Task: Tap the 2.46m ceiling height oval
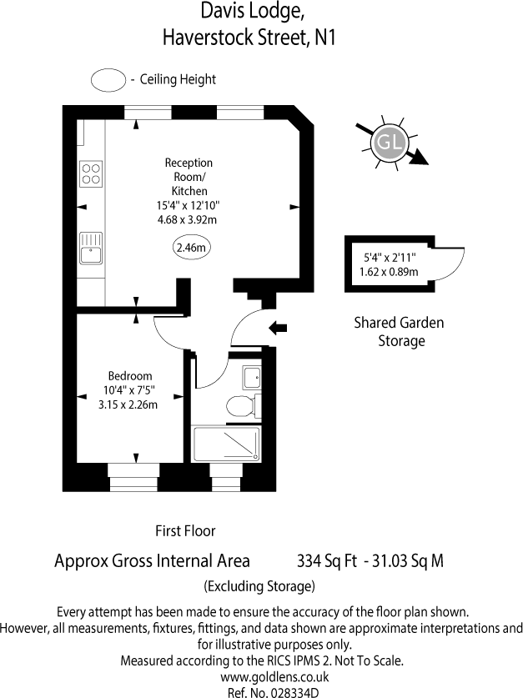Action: [x=191, y=248]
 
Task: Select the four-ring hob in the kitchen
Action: [x=90, y=173]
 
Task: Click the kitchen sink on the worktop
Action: [x=90, y=248]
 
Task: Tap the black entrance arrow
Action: [x=277, y=330]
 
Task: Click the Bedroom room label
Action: [x=130, y=375]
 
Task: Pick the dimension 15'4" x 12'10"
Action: [x=189, y=206]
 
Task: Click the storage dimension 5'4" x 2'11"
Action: [x=390, y=258]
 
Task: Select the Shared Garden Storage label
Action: [x=400, y=331]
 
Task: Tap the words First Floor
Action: [x=185, y=530]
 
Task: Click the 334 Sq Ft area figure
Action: [x=321, y=560]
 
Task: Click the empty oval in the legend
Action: [x=108, y=80]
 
